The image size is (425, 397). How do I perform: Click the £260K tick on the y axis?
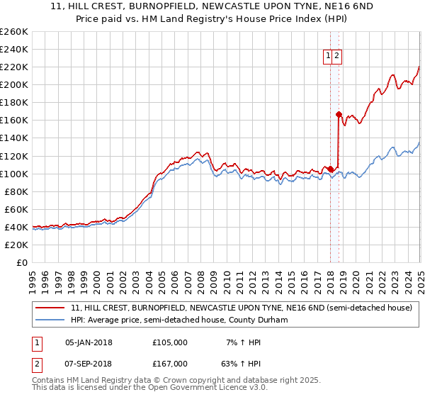click(14, 32)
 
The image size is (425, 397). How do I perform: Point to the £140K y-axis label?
click(14, 138)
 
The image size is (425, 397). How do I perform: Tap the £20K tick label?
click(17, 245)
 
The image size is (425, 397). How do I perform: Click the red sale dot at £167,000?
click(339, 114)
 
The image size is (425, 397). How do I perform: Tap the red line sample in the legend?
click(50, 308)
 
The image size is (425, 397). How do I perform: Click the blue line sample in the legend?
click(50, 320)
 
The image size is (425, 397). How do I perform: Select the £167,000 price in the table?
click(170, 363)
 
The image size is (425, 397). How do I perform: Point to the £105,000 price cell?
click(170, 342)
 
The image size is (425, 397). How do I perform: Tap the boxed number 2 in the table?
click(36, 363)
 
